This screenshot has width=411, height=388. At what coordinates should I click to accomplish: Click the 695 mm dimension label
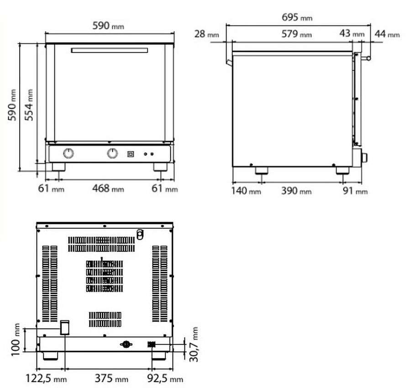[x=297, y=17]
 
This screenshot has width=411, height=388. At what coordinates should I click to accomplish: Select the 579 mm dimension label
[x=296, y=34]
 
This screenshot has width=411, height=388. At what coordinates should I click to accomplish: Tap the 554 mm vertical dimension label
[x=29, y=105]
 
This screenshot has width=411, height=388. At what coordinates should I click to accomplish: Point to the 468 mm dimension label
[x=108, y=189]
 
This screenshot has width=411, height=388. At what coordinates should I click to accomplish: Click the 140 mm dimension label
[x=246, y=191]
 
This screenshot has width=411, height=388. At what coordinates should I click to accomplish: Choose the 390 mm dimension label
[x=296, y=191]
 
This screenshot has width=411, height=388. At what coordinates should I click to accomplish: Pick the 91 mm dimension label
[x=355, y=191]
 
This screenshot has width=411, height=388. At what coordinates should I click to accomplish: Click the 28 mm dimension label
[x=206, y=34]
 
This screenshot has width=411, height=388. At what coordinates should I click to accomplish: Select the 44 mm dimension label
[x=387, y=34]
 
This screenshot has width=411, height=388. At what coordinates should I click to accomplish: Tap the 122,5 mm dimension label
[x=46, y=378]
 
